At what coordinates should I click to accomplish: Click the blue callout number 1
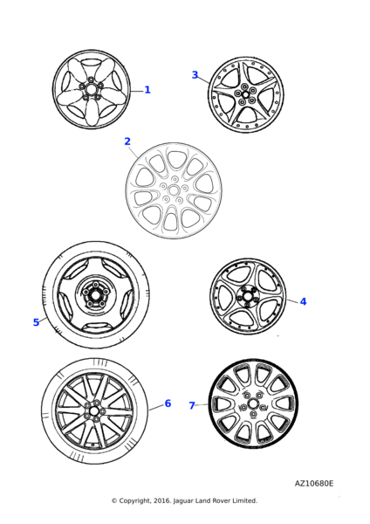(147, 90)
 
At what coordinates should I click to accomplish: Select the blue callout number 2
(127, 141)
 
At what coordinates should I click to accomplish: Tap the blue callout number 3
(195, 75)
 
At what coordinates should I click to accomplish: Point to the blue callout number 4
(303, 301)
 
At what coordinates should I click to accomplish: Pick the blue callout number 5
(36, 322)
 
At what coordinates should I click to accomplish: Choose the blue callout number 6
(168, 403)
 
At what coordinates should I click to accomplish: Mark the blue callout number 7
(192, 405)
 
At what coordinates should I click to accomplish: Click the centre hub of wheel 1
(91, 89)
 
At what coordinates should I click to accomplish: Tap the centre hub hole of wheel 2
(174, 190)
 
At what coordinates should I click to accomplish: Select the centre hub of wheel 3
(245, 94)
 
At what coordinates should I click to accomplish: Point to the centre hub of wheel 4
(248, 296)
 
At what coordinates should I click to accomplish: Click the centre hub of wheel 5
(95, 295)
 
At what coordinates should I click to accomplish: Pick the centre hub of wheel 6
(94, 410)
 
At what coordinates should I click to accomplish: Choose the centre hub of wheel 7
(253, 403)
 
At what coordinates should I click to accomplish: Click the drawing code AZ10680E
(314, 483)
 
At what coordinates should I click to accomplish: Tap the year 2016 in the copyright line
(163, 500)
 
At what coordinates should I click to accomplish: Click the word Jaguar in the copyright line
(183, 501)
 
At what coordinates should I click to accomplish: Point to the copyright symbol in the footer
(114, 500)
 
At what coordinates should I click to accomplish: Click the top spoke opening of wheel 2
(174, 160)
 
